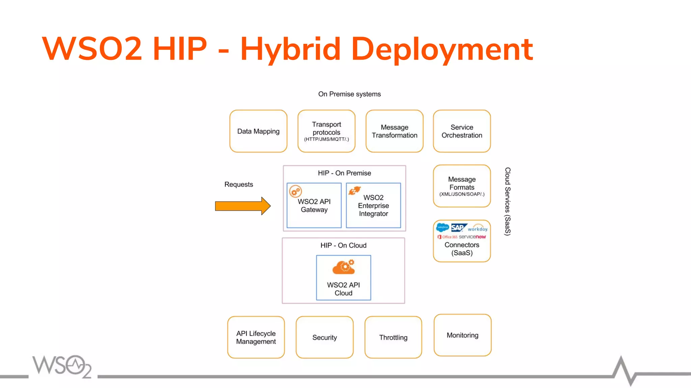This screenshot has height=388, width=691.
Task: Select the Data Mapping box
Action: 258,131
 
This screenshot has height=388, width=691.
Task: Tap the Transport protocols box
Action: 326,131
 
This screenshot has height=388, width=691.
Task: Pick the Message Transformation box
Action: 394,131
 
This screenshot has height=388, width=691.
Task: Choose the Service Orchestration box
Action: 462,131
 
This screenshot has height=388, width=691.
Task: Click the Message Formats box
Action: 462,186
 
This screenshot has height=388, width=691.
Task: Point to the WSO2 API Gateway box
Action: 314,205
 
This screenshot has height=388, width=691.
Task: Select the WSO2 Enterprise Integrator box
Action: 373,205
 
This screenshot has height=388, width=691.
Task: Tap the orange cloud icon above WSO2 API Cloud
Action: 343,267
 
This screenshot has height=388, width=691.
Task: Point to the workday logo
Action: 477,229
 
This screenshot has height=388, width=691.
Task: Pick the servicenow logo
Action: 472,237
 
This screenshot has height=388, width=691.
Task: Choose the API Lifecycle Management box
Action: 256,337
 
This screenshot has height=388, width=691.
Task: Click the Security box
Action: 325,337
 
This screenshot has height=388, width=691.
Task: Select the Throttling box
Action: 393,337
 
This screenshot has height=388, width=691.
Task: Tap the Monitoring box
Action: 462,335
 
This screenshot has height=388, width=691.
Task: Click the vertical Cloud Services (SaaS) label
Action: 507,201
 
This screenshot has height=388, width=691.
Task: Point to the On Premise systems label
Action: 349,94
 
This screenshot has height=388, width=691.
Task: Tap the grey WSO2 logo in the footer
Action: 62,366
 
